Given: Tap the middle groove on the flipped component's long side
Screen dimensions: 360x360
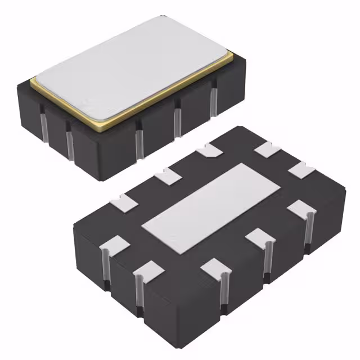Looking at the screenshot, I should click(223, 290).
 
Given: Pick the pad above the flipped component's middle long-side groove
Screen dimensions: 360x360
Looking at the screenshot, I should click(216, 266).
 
